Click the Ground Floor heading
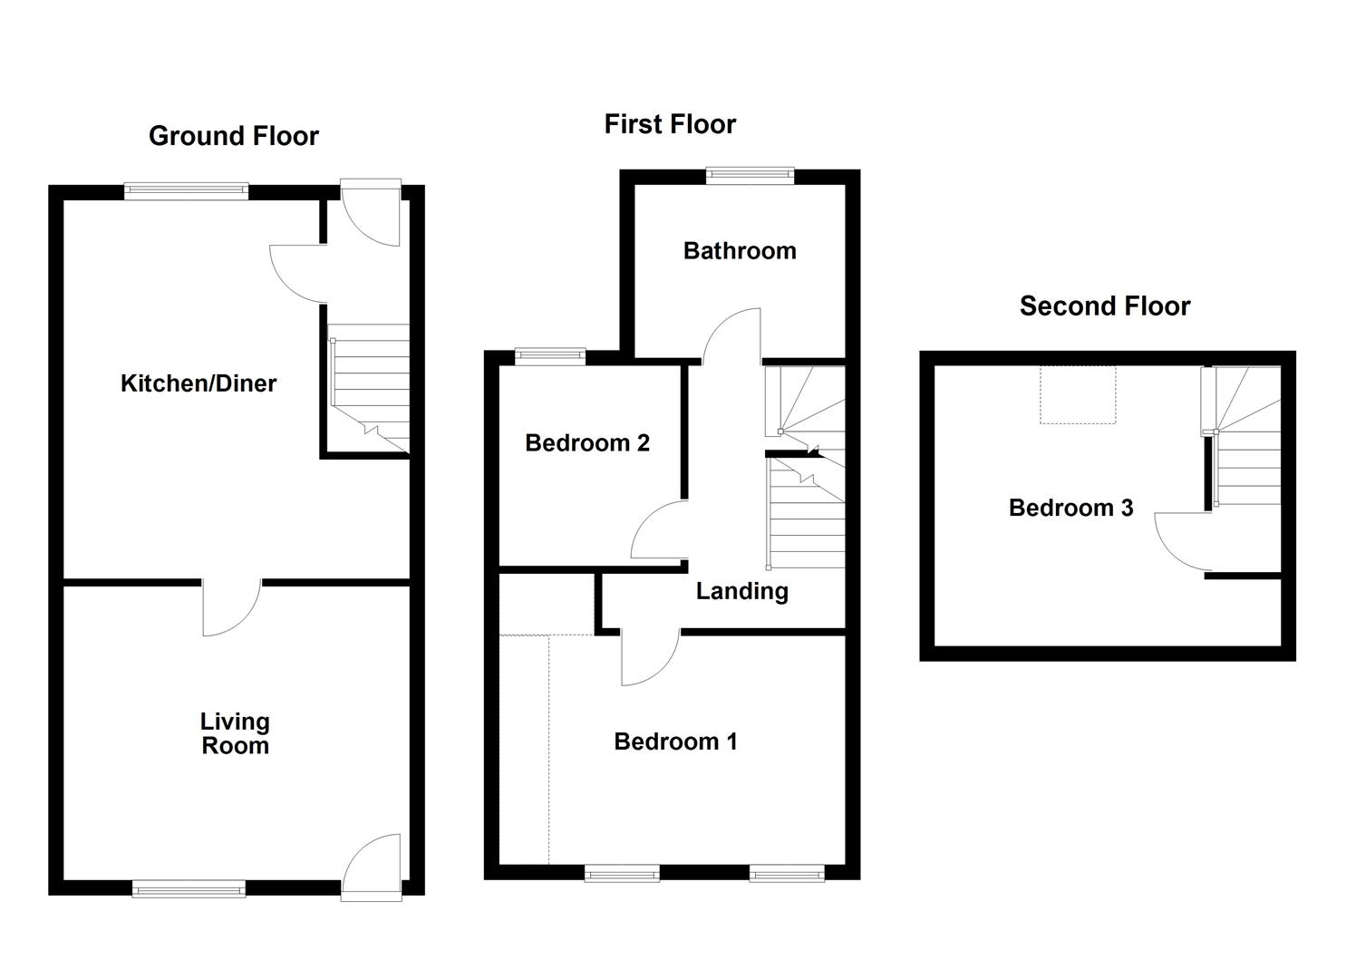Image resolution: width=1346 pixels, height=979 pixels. pyautogui.click(x=234, y=136)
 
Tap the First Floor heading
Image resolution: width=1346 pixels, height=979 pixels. pyautogui.click(x=670, y=124)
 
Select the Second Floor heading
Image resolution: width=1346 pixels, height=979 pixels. pyautogui.click(x=1104, y=306)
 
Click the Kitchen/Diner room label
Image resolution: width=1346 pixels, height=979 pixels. pyautogui.click(x=199, y=383)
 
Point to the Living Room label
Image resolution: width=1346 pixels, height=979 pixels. pyautogui.click(x=235, y=733)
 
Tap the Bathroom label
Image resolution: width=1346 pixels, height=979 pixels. pyautogui.click(x=740, y=251)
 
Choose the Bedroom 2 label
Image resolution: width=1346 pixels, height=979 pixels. pyautogui.click(x=587, y=443)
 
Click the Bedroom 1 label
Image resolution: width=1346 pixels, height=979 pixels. pyautogui.click(x=675, y=742)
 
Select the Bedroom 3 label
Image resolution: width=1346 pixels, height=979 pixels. pyautogui.click(x=1070, y=508)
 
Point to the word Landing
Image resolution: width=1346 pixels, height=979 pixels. pyautogui.click(x=741, y=592)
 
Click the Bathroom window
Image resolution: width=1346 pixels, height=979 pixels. pyautogui.click(x=750, y=176)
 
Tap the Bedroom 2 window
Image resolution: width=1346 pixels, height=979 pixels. pyautogui.click(x=550, y=357)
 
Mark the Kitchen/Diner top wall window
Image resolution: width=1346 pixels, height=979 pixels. pyautogui.click(x=186, y=190)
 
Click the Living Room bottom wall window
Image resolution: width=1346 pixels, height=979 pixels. pyautogui.click(x=189, y=888)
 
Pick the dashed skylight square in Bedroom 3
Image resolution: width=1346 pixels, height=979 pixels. pyautogui.click(x=1077, y=394)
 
